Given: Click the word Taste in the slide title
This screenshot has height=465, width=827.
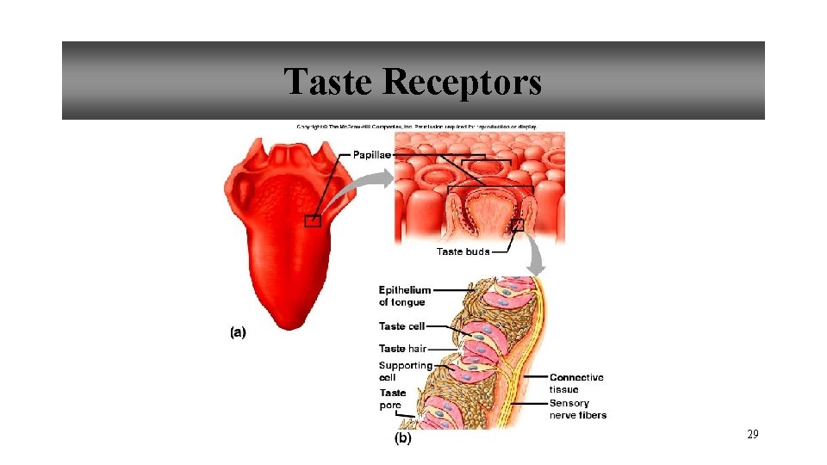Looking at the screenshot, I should pyautogui.click(x=329, y=82).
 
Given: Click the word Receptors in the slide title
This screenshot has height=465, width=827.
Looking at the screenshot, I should pyautogui.click(x=462, y=82).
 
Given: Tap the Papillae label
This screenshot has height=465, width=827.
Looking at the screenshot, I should pyautogui.click(x=372, y=155).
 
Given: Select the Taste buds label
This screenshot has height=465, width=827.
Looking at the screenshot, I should pyautogui.click(x=463, y=251).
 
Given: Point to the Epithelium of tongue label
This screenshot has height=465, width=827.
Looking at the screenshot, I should pyautogui.click(x=404, y=296).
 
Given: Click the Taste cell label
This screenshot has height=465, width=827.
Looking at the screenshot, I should pyautogui.click(x=401, y=326).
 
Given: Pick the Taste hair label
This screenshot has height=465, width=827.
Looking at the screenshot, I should pyautogui.click(x=402, y=349).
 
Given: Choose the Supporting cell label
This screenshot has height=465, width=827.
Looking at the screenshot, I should pyautogui.click(x=405, y=371).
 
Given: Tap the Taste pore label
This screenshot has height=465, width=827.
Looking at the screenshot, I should pyautogui.click(x=392, y=399).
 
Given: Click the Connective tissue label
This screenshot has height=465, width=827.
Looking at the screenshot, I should pyautogui.click(x=576, y=383).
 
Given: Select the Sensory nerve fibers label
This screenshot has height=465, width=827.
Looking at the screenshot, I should pyautogui.click(x=577, y=409).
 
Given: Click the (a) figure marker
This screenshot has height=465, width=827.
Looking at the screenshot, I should pyautogui.click(x=238, y=332).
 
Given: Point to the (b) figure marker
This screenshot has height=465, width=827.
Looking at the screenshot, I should pyautogui.click(x=402, y=438).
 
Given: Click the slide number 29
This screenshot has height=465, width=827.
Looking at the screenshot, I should pyautogui.click(x=752, y=436).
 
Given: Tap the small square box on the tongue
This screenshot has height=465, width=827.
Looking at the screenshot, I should pyautogui.click(x=313, y=221).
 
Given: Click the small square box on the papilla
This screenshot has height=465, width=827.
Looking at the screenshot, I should pyautogui.click(x=517, y=225).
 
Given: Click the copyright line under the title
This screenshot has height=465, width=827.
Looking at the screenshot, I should pyautogui.click(x=417, y=127).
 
